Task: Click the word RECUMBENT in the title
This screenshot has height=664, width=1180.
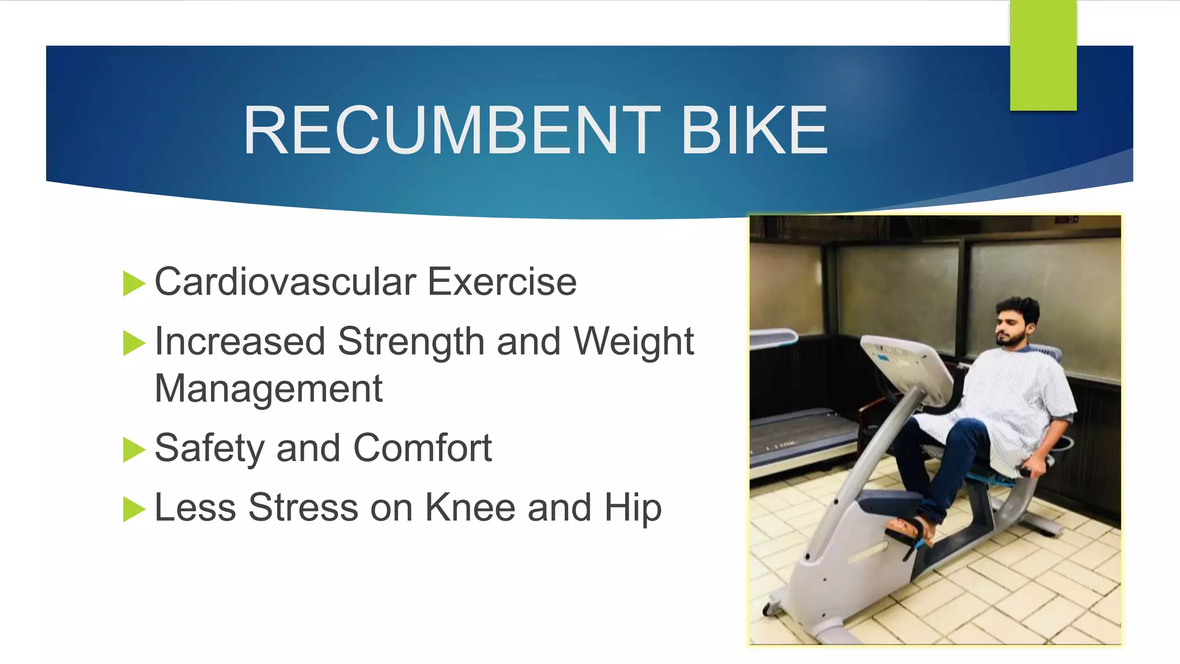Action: tap(451, 131)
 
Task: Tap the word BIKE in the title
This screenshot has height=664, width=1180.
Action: tap(754, 131)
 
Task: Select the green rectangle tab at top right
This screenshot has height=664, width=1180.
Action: tap(1043, 55)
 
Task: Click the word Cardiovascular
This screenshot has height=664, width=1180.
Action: tap(285, 282)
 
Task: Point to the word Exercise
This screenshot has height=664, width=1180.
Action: tap(502, 282)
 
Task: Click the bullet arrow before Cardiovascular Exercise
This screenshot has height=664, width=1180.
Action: tap(134, 284)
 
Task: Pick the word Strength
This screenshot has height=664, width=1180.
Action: tap(410, 341)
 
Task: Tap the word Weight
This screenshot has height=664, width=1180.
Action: tap(634, 341)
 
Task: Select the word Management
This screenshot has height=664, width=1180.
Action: tap(268, 389)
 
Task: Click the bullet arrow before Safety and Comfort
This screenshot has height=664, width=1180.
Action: tap(134, 450)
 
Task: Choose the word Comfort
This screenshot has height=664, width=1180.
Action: tap(422, 448)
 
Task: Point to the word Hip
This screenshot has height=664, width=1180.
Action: tap(633, 509)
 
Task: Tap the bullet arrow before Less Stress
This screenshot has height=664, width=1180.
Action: tap(134, 510)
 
